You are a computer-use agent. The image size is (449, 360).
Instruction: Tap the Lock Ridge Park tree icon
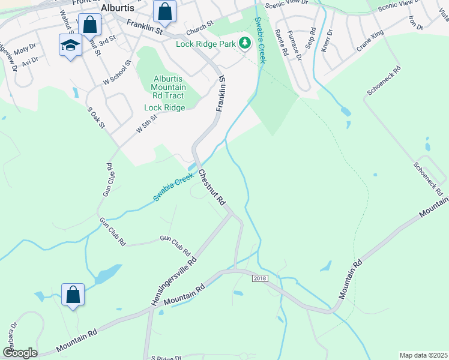click(244, 43)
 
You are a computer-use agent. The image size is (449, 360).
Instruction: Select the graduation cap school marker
click(70, 45)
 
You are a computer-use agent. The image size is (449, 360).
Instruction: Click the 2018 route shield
click(259, 278)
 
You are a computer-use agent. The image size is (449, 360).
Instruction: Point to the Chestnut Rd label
click(211, 189)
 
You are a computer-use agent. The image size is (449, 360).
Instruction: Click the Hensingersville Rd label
click(175, 279)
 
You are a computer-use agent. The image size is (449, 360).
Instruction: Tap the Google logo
click(19, 353)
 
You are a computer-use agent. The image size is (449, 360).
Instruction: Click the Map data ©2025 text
click(423, 355)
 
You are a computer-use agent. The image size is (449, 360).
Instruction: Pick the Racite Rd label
click(280, 43)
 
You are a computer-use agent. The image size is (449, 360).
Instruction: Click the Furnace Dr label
click(294, 43)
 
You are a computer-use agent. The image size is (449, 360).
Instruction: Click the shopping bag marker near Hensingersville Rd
click(73, 295)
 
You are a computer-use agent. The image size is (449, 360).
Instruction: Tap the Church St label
click(199, 25)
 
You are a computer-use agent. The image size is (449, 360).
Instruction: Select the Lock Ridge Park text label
click(206, 43)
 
